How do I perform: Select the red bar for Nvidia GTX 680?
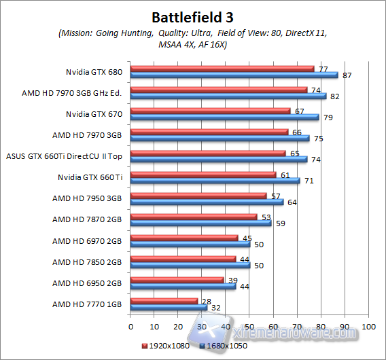point(222,69)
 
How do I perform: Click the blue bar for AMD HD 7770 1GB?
point(169,307)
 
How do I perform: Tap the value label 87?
point(347,75)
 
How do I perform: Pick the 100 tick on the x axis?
point(370,327)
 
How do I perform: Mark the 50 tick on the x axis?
point(250,327)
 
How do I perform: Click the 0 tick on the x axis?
point(130,327)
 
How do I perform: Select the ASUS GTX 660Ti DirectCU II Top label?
point(64,156)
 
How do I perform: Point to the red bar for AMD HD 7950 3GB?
point(198,196)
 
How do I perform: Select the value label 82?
point(334,96)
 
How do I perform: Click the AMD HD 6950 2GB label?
point(87,283)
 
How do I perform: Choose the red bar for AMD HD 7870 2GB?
point(194,217)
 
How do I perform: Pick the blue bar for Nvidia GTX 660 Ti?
point(215,181)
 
